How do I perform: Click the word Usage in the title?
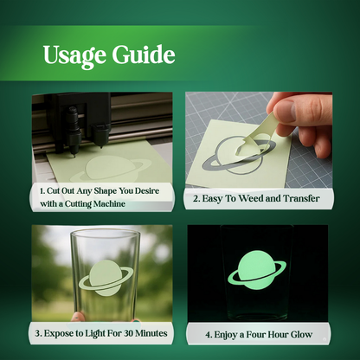click(74, 55)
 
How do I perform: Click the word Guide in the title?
click(144, 54)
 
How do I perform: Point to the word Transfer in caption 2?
click(301, 198)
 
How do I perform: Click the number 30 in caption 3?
click(129, 333)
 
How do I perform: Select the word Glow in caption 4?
click(301, 335)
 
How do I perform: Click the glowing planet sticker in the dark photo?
click(257, 270)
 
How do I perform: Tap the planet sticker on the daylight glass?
click(106, 278)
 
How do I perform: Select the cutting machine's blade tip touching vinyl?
click(73, 156)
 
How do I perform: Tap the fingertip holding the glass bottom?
click(77, 317)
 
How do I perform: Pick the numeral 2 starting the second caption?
click(196, 199)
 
